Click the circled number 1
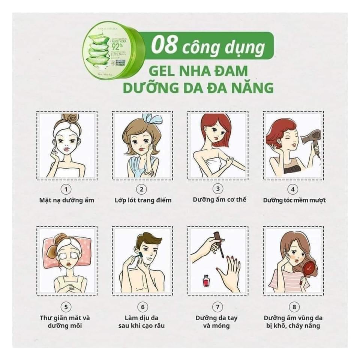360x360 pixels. [x=67, y=188]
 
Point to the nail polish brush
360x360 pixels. [x=221, y=248]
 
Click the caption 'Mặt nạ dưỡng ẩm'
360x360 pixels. [x=67, y=200]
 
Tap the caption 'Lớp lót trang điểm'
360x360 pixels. [x=143, y=200]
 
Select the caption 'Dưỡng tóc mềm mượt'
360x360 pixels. [x=294, y=200]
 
